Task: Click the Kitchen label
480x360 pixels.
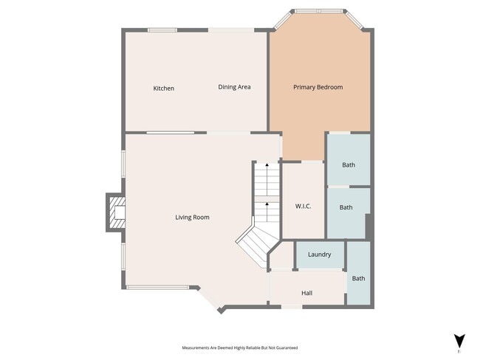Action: (163, 89)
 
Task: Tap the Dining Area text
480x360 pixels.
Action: (234, 87)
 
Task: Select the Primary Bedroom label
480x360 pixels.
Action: (318, 87)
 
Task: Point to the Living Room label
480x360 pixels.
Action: (192, 217)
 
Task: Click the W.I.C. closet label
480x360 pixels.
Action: (303, 207)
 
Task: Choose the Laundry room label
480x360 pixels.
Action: (319, 255)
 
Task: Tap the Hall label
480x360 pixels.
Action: (306, 293)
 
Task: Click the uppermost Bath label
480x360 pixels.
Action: (349, 165)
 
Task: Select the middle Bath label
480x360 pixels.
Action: (346, 207)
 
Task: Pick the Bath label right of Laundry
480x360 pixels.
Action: (358, 278)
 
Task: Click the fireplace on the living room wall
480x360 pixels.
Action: (115, 212)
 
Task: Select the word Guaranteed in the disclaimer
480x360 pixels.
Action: (287, 347)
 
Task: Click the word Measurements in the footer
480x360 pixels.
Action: (196, 347)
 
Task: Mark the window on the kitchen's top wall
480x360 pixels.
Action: (162, 30)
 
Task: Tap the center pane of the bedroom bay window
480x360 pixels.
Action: (319, 11)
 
